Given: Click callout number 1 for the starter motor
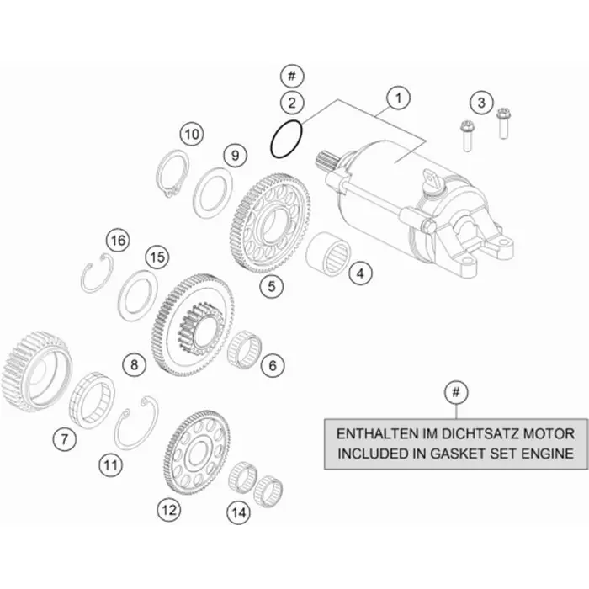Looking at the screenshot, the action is (x=398, y=98).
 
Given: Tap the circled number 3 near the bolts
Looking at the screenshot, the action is (x=481, y=102).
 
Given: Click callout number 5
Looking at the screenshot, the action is (x=271, y=286).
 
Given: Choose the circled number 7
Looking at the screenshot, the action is (x=64, y=438).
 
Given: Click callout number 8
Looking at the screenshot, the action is (x=134, y=364).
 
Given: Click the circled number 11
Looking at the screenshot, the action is (x=110, y=465).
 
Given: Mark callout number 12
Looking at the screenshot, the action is (x=168, y=510).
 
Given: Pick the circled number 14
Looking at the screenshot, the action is (x=238, y=512).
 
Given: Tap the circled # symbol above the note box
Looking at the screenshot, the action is (x=456, y=393).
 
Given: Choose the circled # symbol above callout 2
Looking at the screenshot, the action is (x=292, y=76).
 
